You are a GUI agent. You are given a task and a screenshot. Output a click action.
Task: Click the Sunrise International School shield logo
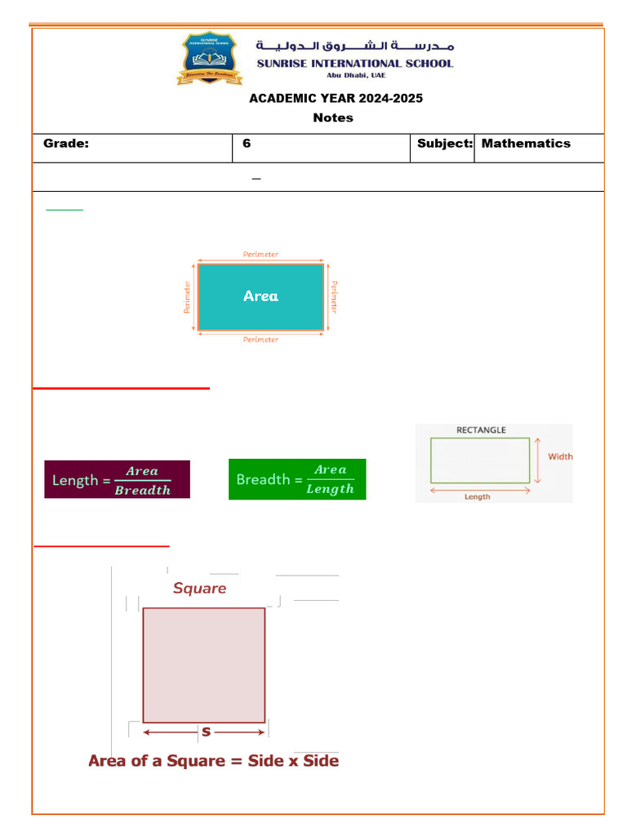pos(209,58)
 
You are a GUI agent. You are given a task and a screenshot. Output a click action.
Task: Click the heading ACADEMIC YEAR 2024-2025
pos(336,99)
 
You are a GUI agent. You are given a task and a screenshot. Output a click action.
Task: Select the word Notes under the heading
pos(333,118)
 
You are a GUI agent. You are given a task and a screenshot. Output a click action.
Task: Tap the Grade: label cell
pos(66,144)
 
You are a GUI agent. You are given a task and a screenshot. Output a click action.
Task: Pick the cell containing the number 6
pos(247,144)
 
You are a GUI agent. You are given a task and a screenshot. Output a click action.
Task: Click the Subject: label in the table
pos(445,144)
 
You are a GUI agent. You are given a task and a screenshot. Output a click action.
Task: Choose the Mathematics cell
pos(526,144)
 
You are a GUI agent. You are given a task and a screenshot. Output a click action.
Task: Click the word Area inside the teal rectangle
pos(260,296)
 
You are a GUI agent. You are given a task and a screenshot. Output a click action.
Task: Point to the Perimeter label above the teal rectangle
pos(260,255)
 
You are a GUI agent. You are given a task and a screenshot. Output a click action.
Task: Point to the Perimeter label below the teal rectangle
pos(260,340)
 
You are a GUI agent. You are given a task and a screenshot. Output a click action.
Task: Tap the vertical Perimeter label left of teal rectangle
pos(187,297)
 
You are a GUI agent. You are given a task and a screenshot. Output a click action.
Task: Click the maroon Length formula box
pos(117,480)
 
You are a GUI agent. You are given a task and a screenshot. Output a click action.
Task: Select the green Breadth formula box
pos(297,479)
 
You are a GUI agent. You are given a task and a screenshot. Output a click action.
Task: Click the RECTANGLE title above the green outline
pos(480,430)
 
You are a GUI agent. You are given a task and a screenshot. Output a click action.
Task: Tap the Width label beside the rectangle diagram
pos(560,457)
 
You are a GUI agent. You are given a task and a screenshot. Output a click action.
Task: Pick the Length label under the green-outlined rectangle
pos(478,496)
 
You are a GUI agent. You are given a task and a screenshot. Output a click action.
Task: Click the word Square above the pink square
pos(199,588)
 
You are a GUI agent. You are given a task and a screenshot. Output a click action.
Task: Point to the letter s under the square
pos(206,731)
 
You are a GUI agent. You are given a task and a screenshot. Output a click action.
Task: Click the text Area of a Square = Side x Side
pos(213,761)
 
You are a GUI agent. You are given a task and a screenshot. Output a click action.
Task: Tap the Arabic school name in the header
pos(355,46)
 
